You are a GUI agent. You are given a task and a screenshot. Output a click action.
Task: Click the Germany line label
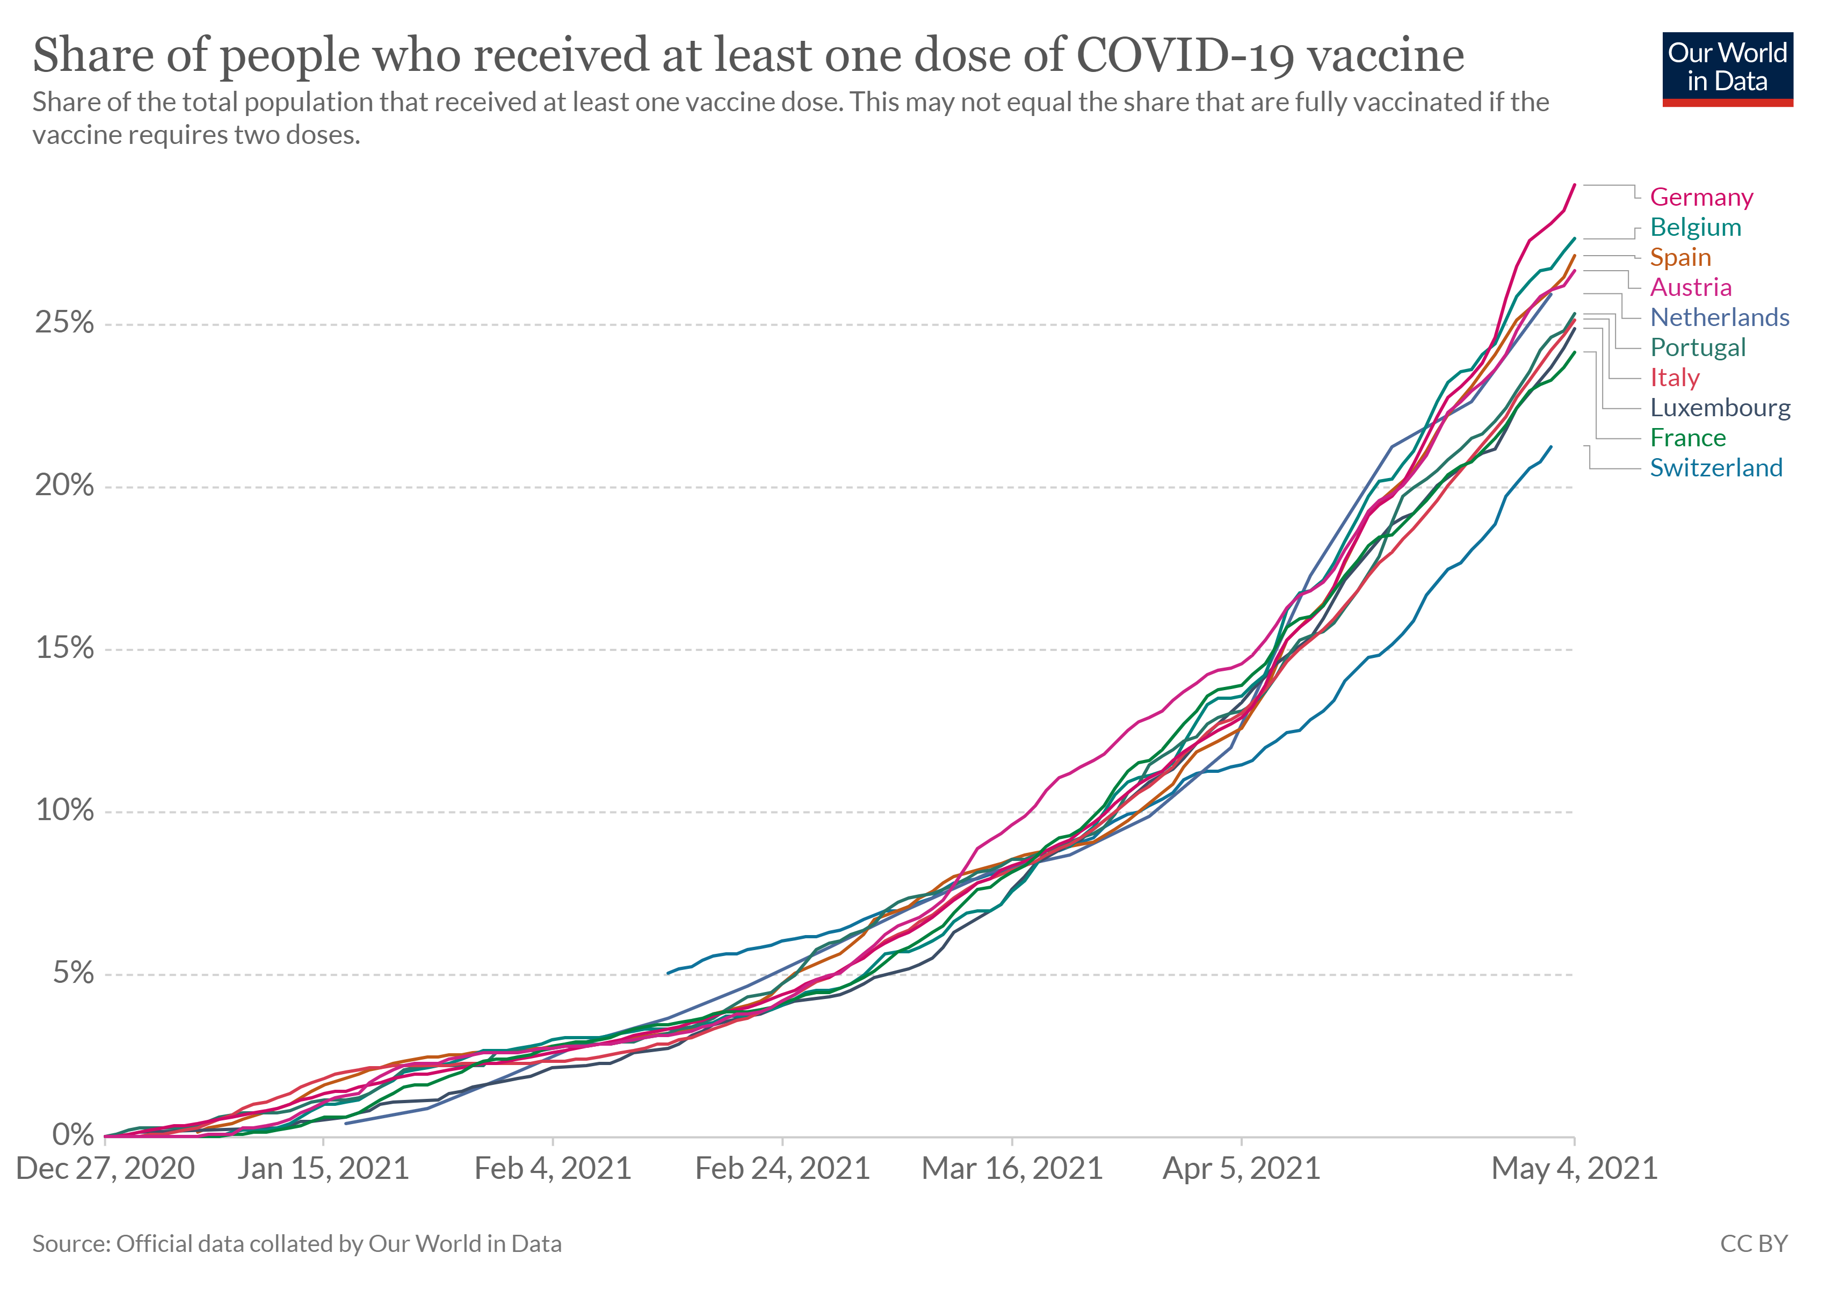pyautogui.click(x=1701, y=197)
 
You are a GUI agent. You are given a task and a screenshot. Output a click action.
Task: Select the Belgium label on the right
pyautogui.click(x=1695, y=227)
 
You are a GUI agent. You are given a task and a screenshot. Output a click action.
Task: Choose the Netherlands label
pyautogui.click(x=1720, y=317)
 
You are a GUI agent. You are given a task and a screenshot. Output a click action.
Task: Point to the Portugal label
pyautogui.click(x=1698, y=347)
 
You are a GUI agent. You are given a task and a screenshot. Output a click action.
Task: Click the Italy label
pyautogui.click(x=1675, y=378)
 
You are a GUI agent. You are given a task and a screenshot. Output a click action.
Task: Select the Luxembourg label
pyautogui.click(x=1720, y=408)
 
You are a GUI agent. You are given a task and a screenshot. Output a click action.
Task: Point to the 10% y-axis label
pyautogui.click(x=63, y=811)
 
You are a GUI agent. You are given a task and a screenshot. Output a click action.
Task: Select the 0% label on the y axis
pyautogui.click(x=73, y=1135)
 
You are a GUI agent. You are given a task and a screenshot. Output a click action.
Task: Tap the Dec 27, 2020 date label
pyautogui.click(x=105, y=1169)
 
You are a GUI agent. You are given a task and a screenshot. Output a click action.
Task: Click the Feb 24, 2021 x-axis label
pyautogui.click(x=782, y=1169)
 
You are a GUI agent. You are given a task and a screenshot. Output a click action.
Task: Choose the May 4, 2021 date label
pyautogui.click(x=1575, y=1169)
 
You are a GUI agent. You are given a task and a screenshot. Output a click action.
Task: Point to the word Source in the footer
pyautogui.click(x=70, y=1244)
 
